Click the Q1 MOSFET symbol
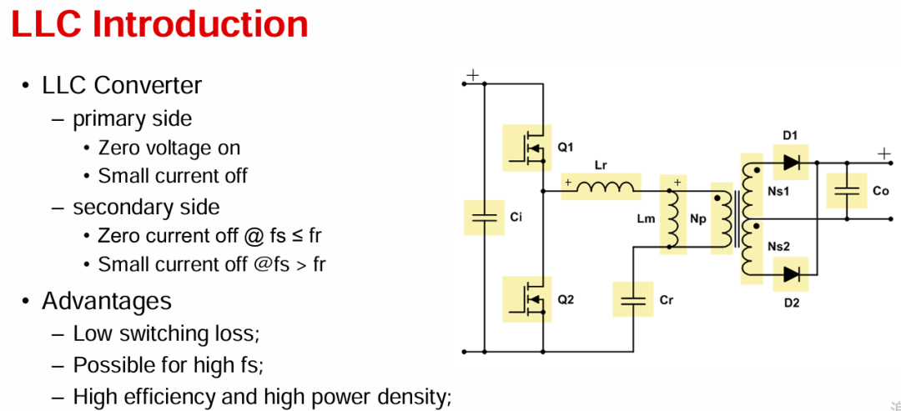[531, 148]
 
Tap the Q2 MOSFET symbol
[531, 299]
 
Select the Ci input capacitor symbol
[483, 218]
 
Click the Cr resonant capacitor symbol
[632, 299]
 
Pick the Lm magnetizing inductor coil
[673, 219]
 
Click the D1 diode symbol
[791, 163]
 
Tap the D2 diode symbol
[791, 274]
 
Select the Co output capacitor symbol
[847, 191]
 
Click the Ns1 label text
[778, 191]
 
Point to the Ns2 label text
[778, 247]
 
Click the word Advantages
[106, 301]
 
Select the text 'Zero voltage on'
[169, 148]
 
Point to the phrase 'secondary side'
[146, 208]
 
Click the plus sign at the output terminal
[883, 153]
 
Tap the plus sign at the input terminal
[472, 75]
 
